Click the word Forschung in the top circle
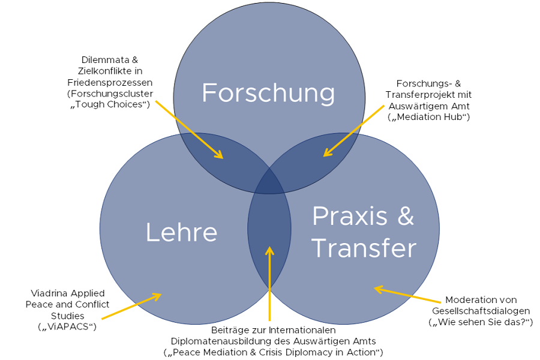268,93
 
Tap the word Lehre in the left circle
181,233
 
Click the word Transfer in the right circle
364,248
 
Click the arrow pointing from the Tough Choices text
189,129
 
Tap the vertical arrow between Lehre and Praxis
270,282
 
